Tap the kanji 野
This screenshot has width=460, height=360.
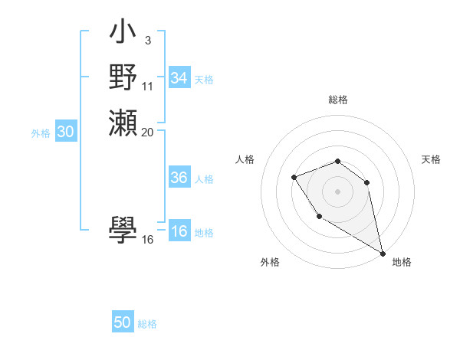[x=123, y=78]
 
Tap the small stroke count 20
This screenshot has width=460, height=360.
[x=147, y=132]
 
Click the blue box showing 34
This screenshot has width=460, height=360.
[x=179, y=78]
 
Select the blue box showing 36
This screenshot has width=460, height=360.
[x=179, y=178]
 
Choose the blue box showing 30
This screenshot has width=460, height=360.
[x=66, y=132]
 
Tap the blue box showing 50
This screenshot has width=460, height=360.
[x=123, y=322]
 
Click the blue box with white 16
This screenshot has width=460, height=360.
[x=179, y=231]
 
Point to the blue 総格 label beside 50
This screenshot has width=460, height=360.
[x=147, y=324]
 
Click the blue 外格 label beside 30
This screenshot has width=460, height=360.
[x=41, y=133]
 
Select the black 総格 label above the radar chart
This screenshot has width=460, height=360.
[x=337, y=100]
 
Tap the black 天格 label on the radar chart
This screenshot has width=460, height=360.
[x=431, y=159]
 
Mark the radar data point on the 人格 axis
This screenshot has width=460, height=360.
[x=294, y=178]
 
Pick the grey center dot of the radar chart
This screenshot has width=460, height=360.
[x=337, y=191]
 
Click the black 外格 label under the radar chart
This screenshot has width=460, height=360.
[x=270, y=262]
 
